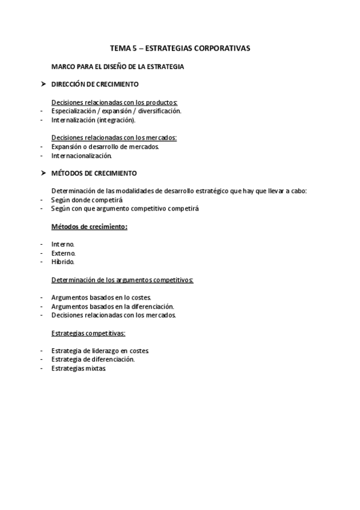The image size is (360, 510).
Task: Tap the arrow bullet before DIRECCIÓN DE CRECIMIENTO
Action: coord(43,84)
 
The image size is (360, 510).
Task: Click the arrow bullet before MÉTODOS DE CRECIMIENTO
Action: coord(43,173)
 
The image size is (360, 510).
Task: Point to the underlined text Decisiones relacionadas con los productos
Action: coord(114,102)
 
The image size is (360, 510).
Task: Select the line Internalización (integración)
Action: coord(93,120)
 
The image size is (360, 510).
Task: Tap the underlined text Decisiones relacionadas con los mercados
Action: coord(114,138)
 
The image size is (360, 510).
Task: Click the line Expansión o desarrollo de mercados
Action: coord(105,147)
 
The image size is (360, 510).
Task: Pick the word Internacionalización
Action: coord(82,156)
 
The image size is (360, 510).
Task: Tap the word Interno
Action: coord(63,244)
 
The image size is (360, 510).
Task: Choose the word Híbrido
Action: coord(63,262)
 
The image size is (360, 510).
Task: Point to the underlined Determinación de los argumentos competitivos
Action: coord(122,280)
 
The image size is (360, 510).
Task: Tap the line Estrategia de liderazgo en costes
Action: coord(100,351)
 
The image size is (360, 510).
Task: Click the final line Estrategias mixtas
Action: coord(79,368)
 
